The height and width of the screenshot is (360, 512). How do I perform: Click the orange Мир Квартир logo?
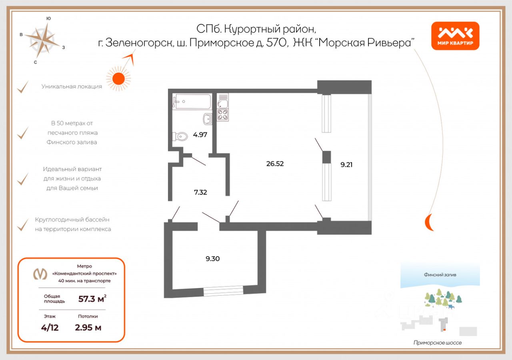tap(455, 36)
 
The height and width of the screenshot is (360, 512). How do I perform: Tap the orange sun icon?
tap(118, 79)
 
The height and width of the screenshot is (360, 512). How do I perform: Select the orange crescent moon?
tap(428, 222)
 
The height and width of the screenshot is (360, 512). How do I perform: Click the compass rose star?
tap(42, 41)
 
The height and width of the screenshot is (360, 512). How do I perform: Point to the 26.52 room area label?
tap(275, 164)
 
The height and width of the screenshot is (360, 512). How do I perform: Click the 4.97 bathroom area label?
tap(200, 135)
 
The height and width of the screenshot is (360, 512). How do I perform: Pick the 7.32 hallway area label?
tap(200, 192)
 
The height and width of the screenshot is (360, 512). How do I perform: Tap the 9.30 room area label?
tap(212, 258)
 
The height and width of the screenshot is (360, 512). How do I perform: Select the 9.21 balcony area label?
tap(346, 164)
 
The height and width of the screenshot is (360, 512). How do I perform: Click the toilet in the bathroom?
tap(180, 137)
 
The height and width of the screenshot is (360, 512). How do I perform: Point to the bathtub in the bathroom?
tap(192, 101)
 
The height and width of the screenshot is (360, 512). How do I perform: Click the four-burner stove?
tap(223, 115)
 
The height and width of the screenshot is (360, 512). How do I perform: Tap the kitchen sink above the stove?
tap(223, 104)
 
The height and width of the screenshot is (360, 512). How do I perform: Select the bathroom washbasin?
tap(207, 119)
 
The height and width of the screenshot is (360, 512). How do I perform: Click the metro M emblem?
tap(40, 274)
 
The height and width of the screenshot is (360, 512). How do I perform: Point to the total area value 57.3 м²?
tap(92, 298)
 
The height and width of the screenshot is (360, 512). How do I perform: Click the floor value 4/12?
tap(50, 328)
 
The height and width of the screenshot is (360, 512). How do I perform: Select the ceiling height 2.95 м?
tap(88, 328)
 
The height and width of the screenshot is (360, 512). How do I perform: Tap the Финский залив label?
tap(440, 275)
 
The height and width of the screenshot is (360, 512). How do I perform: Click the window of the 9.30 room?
tap(223, 291)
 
